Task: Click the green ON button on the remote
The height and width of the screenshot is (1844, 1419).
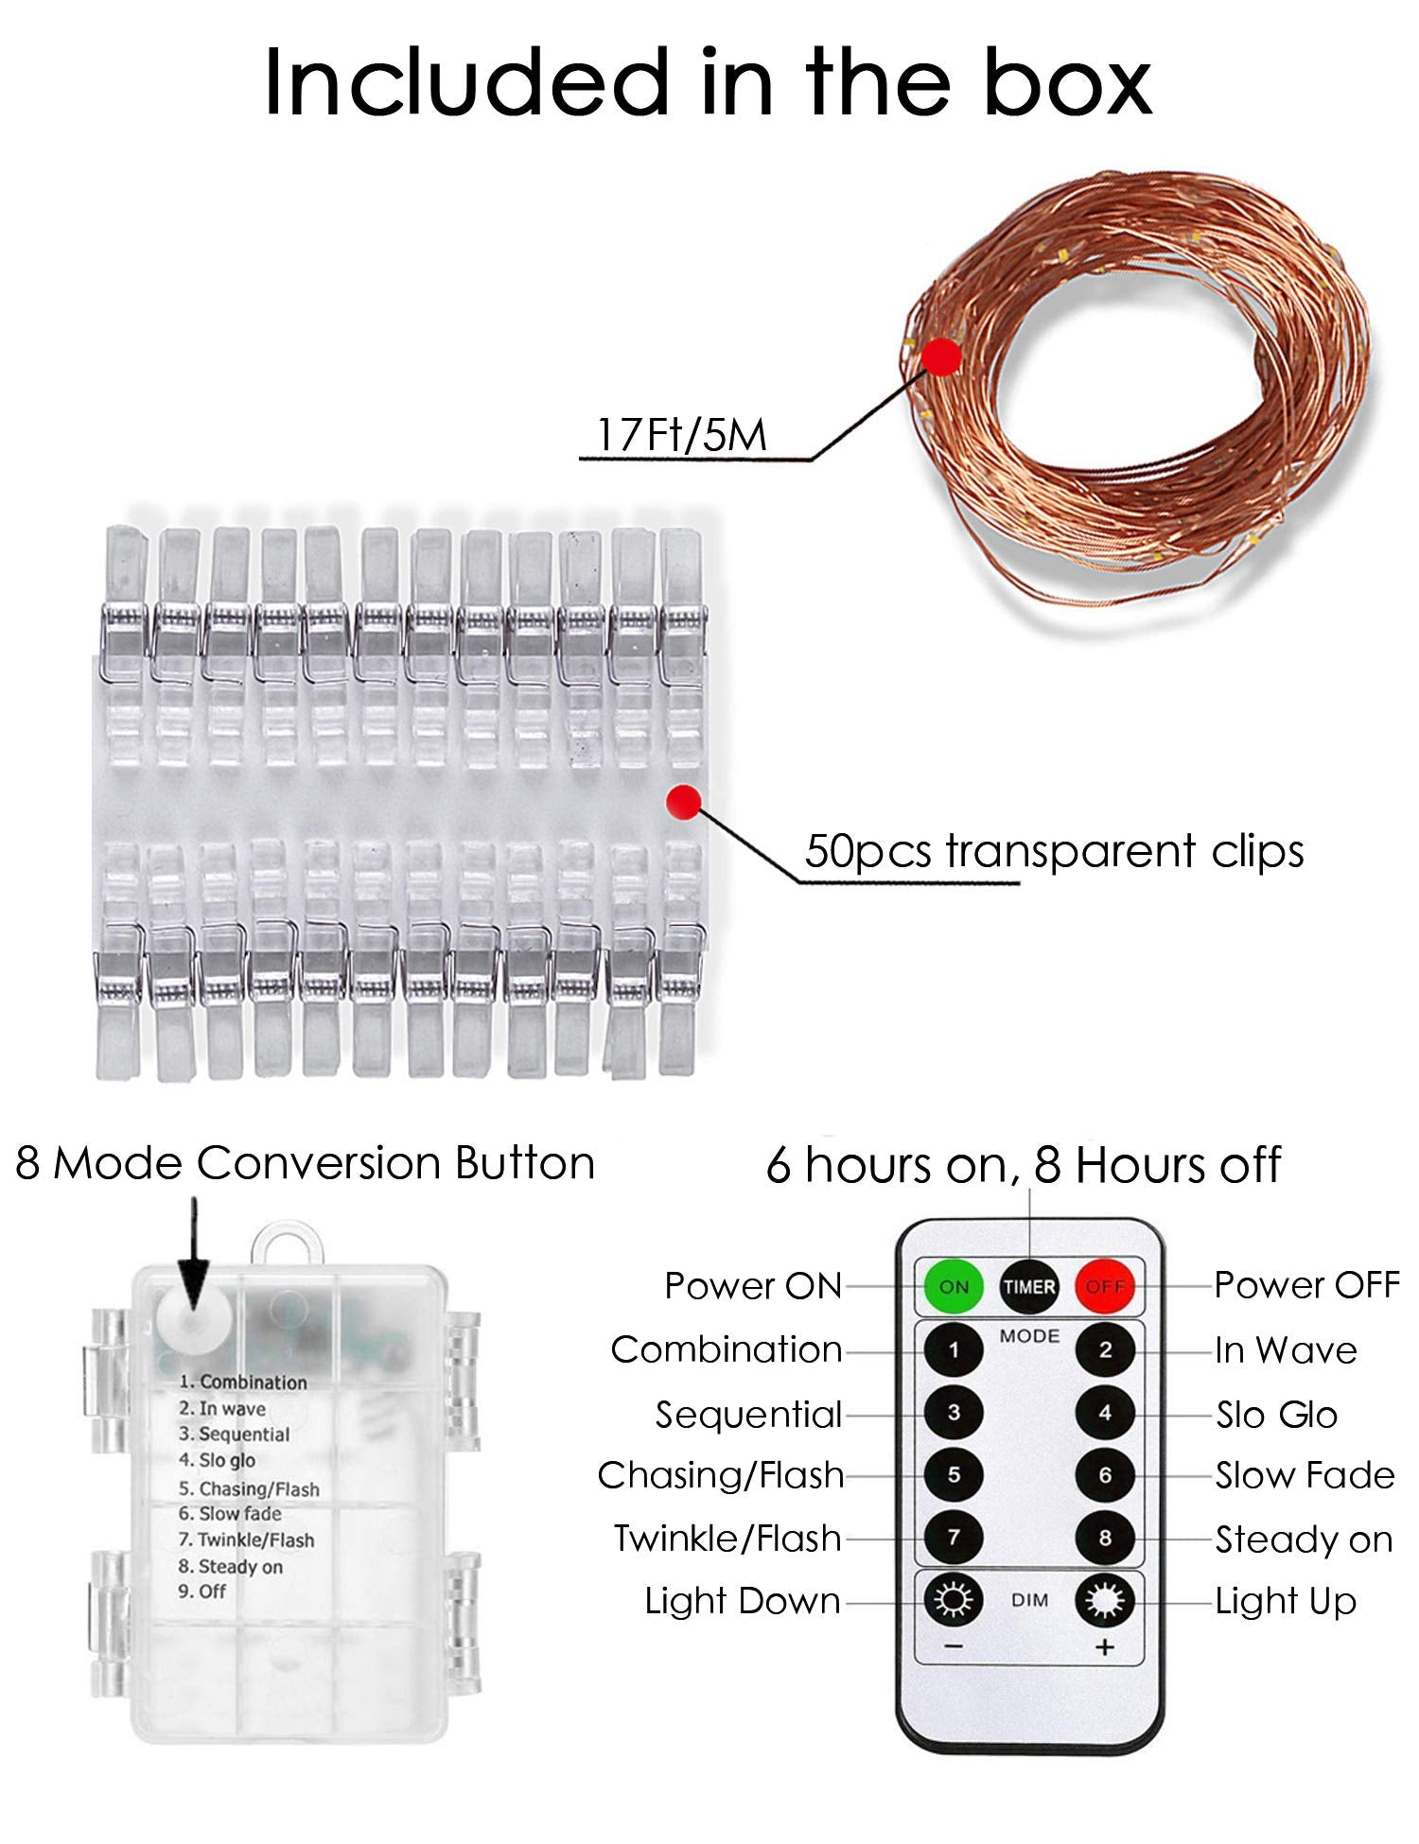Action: point(953,1286)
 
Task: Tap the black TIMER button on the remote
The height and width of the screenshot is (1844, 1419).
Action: point(1029,1286)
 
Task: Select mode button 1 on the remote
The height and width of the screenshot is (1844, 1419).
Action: point(953,1349)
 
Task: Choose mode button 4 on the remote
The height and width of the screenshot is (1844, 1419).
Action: point(1105,1413)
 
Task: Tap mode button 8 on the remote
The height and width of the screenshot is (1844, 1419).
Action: point(1105,1538)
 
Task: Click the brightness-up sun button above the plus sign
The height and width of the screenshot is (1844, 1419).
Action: point(1105,1600)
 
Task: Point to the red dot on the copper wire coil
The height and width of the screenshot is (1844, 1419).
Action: point(941,356)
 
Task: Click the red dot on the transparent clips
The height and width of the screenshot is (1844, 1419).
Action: point(683,802)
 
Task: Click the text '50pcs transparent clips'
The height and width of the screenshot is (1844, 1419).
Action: point(1054,851)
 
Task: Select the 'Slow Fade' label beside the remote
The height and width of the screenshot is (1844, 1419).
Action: point(1305,1475)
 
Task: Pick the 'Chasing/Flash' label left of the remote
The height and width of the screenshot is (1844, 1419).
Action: point(721,1475)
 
